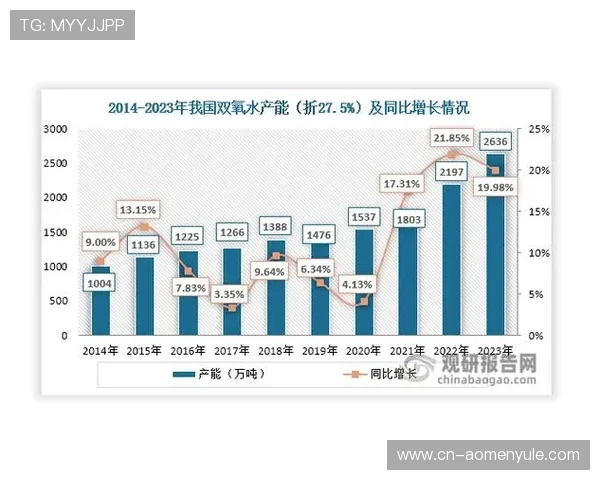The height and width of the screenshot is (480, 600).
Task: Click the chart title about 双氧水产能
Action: click(x=289, y=108)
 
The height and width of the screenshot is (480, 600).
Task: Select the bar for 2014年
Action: click(x=101, y=300)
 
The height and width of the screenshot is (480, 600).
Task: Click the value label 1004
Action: click(x=101, y=284)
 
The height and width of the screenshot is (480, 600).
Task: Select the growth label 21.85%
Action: click(x=451, y=136)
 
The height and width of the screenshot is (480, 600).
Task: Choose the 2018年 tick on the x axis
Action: click(x=276, y=351)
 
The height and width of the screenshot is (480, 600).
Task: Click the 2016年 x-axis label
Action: click(x=188, y=351)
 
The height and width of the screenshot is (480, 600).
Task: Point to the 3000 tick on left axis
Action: click(x=55, y=129)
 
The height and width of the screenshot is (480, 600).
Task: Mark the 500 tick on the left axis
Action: click(x=58, y=301)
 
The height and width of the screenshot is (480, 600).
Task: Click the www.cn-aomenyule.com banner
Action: click(x=488, y=455)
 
